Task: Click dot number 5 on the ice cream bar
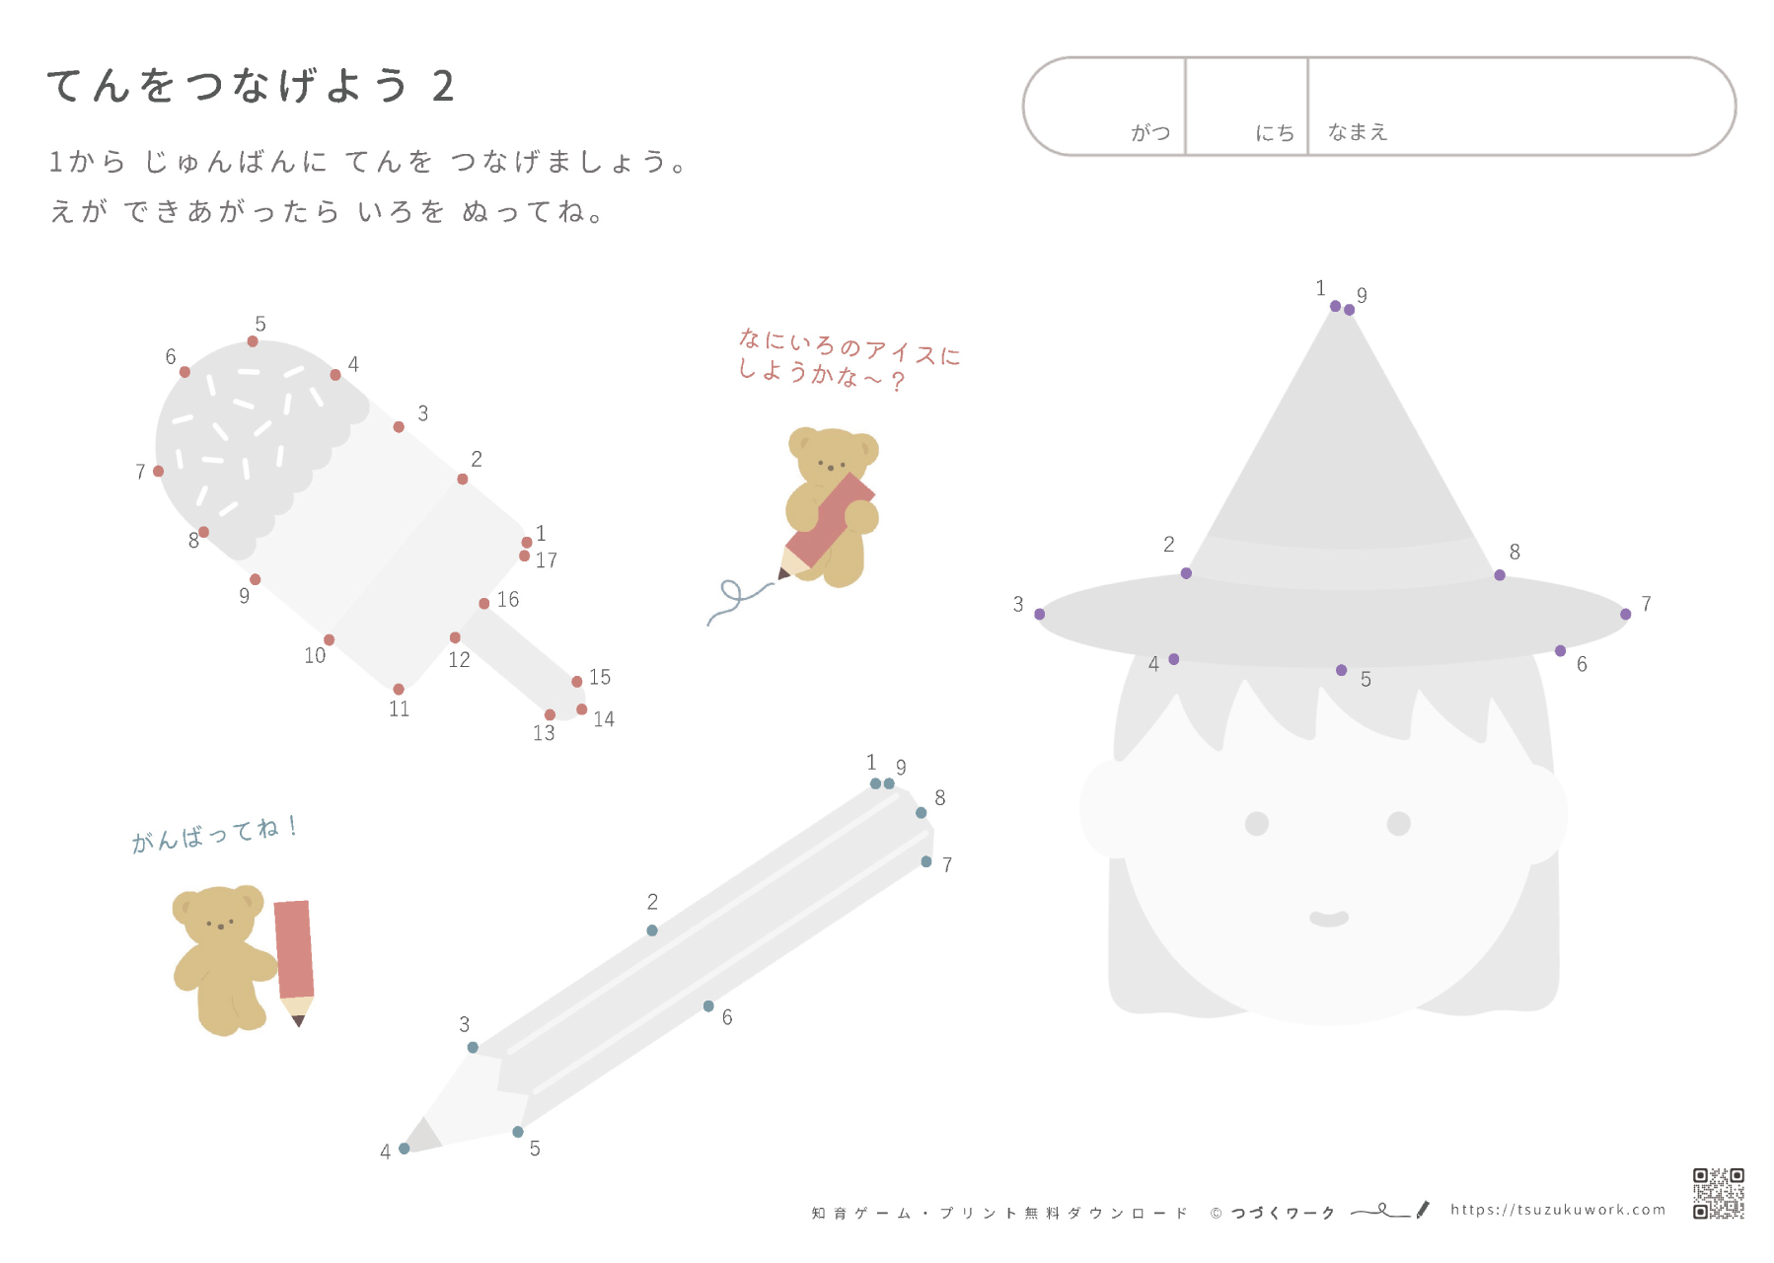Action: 253,341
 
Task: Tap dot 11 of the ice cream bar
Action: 399,689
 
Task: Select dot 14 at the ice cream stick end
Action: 582,709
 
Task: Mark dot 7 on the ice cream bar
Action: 159,472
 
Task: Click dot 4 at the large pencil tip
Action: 405,1149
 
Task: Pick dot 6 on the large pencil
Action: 708,1006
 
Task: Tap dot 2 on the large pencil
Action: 652,930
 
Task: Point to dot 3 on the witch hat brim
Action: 1040,615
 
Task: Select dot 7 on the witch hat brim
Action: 1626,615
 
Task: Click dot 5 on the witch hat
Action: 1342,671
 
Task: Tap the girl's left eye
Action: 1257,823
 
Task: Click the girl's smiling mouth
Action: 1329,919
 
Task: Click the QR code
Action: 1719,1193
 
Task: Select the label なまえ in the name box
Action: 1358,132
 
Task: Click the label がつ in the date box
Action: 1150,132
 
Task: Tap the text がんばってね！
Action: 215,834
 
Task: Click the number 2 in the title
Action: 444,87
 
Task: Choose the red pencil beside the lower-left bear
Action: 294,957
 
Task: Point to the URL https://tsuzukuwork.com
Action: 1558,1210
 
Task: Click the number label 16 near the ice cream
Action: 508,600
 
